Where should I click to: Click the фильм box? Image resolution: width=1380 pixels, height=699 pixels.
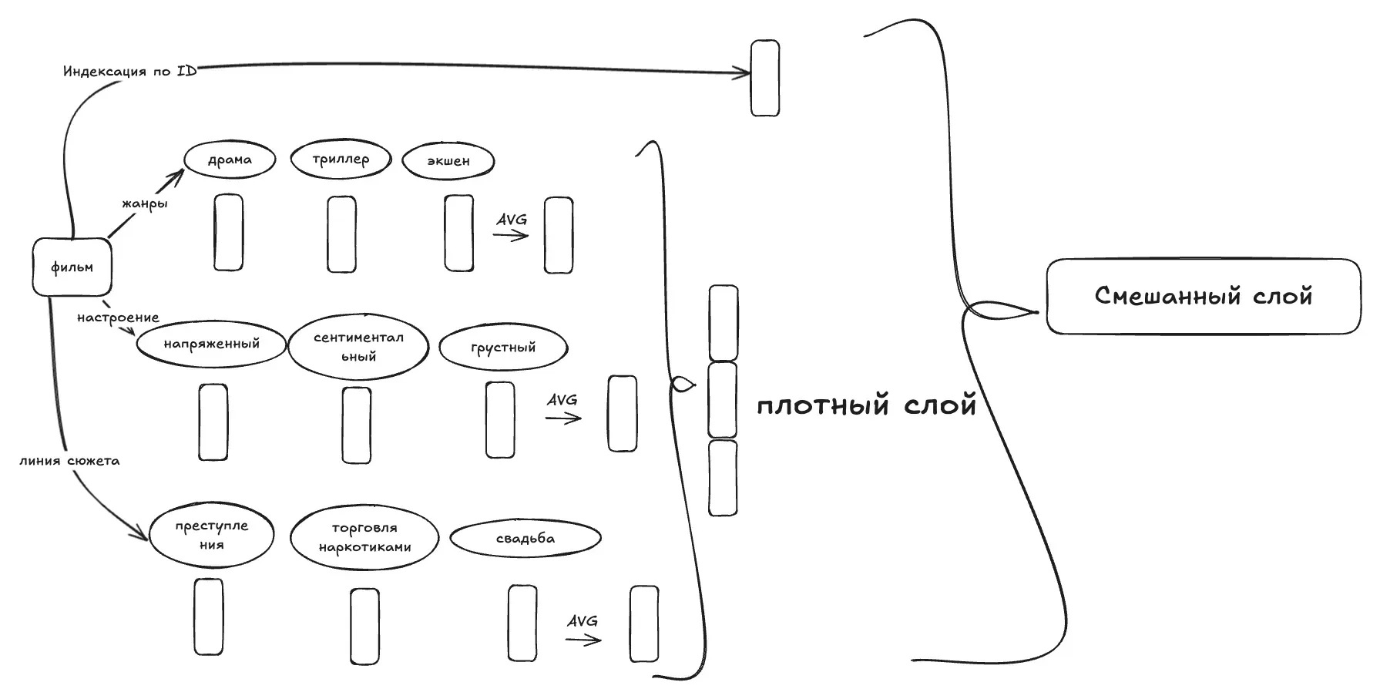point(72,267)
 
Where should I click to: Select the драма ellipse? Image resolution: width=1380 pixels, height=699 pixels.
point(230,160)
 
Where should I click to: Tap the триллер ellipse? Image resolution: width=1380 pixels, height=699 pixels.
point(341,160)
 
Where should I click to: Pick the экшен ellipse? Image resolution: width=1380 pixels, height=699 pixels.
point(448,161)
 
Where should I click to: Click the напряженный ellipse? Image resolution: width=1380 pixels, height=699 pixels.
point(211,344)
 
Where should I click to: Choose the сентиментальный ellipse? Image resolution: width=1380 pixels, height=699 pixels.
point(358,347)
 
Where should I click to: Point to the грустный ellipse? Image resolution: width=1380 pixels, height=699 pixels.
point(503,348)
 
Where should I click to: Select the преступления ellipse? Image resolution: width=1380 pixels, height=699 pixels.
point(211,535)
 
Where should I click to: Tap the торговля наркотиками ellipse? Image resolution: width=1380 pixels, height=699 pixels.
point(364,537)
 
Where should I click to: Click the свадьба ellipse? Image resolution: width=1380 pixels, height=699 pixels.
point(525,539)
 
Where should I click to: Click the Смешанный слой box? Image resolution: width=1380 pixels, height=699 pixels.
point(1203,296)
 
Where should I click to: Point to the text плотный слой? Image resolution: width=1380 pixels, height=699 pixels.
point(866,405)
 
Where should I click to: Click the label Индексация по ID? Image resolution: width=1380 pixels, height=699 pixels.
point(129,71)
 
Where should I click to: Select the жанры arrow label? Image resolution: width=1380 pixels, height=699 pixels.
point(144,204)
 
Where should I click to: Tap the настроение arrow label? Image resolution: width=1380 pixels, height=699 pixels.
point(118,318)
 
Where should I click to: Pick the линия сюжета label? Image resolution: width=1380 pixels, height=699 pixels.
point(69,461)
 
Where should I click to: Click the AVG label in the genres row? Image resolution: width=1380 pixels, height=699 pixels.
point(512,220)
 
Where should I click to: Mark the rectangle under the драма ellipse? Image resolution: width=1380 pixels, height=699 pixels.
point(228,232)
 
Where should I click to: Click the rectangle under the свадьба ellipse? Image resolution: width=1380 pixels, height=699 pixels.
point(522,623)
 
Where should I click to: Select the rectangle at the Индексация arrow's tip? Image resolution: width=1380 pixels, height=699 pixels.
point(765,78)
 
